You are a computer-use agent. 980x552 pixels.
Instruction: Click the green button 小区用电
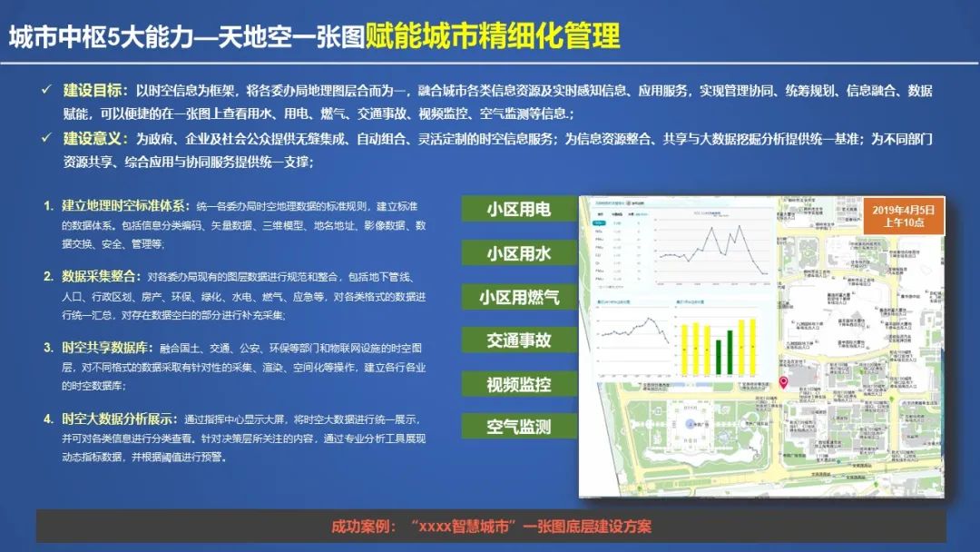pos(518,209)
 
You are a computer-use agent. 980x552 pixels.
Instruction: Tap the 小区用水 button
pos(518,252)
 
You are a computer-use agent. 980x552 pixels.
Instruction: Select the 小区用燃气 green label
pos(518,296)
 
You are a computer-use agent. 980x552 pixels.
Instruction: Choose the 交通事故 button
pos(518,340)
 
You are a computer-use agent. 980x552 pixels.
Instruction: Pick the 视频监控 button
pos(518,383)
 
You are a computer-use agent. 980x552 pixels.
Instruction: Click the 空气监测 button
pos(518,426)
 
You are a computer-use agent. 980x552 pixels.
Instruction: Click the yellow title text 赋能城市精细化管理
pos(493,36)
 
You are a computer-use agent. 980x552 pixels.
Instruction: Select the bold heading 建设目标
pos(95,91)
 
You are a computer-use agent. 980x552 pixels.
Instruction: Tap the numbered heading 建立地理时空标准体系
pos(123,205)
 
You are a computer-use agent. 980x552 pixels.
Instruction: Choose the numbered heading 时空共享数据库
pos(104,347)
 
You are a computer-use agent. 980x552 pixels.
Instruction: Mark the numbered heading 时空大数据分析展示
pos(117,419)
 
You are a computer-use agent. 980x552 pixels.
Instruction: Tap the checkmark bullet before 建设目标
pos(46,91)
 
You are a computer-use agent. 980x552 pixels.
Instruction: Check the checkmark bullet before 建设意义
pos(46,139)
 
